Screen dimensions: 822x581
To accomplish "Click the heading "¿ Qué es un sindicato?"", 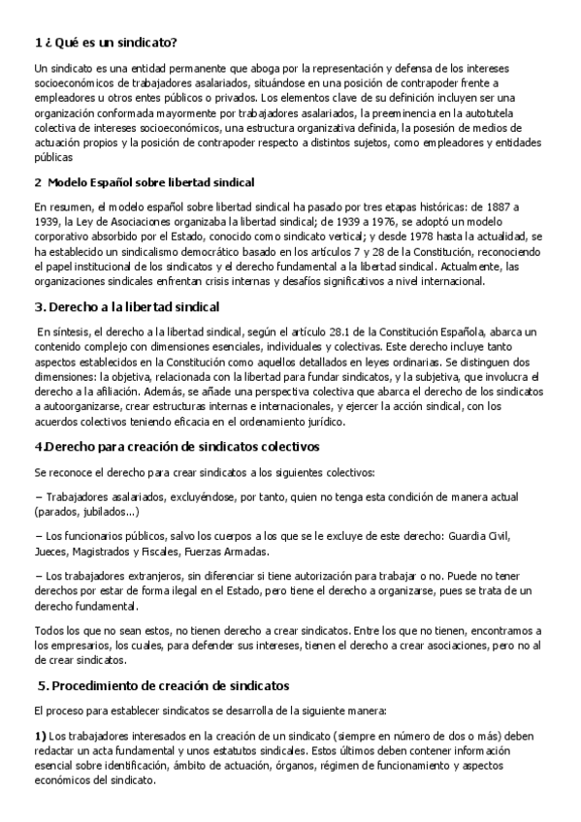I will pyautogui.click(x=111, y=44).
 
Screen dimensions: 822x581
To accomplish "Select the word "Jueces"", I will pyautogui.click(x=49, y=551).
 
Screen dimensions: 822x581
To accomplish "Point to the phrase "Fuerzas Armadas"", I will pyautogui.click(x=232, y=551).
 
